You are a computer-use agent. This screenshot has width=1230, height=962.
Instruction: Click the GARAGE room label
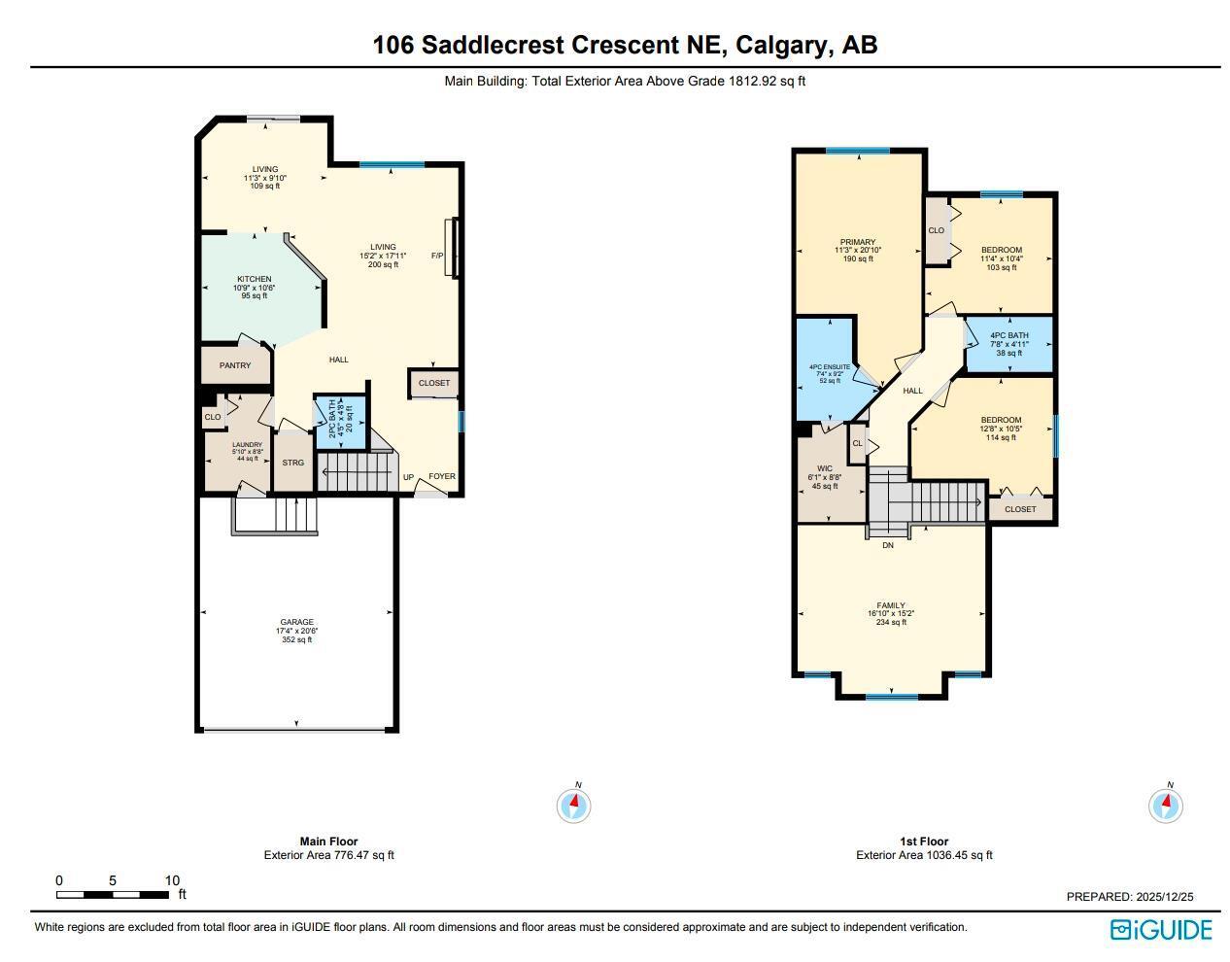click(297, 622)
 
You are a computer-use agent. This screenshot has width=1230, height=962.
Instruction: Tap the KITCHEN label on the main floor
click(254, 280)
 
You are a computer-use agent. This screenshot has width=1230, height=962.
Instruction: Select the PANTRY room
click(235, 365)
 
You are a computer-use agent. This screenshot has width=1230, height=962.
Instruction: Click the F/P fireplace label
click(437, 256)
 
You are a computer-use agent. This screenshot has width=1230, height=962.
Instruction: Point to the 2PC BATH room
click(340, 423)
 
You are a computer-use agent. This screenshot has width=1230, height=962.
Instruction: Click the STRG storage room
click(293, 463)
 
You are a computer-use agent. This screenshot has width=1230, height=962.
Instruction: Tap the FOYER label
click(442, 476)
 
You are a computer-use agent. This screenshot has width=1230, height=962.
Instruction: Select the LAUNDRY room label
click(247, 445)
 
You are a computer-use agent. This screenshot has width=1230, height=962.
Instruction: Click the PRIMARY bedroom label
click(858, 242)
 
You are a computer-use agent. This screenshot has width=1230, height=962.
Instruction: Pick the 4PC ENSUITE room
click(829, 367)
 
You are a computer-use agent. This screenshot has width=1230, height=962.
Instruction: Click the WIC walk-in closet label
click(825, 468)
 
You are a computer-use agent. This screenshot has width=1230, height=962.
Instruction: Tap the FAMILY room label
click(891, 605)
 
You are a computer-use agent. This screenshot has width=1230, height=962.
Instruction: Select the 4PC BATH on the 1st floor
click(1008, 336)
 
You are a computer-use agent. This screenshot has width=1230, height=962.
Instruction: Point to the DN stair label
click(887, 545)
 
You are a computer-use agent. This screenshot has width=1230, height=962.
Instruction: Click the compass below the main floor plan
click(573, 805)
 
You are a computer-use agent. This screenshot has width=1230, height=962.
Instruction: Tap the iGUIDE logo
click(1161, 930)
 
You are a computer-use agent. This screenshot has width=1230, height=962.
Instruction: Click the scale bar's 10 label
click(172, 880)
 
